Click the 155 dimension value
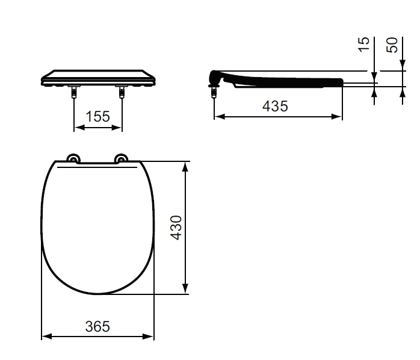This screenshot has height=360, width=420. (97, 117)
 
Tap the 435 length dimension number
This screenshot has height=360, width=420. (275, 106)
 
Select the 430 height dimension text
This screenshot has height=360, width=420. (176, 228)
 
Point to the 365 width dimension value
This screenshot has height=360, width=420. (97, 326)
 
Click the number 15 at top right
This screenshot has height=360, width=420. (364, 45)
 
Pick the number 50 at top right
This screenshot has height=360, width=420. (392, 45)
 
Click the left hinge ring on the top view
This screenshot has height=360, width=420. (73, 158)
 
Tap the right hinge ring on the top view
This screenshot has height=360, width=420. (121, 158)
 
